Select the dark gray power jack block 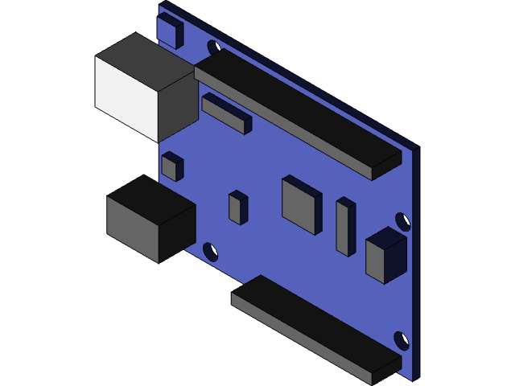coord(150,219)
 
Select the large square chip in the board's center coord(301,203)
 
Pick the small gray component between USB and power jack coord(171,166)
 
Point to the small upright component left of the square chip coord(237,207)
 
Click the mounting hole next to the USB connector coord(214,47)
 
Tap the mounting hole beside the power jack coord(211,252)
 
